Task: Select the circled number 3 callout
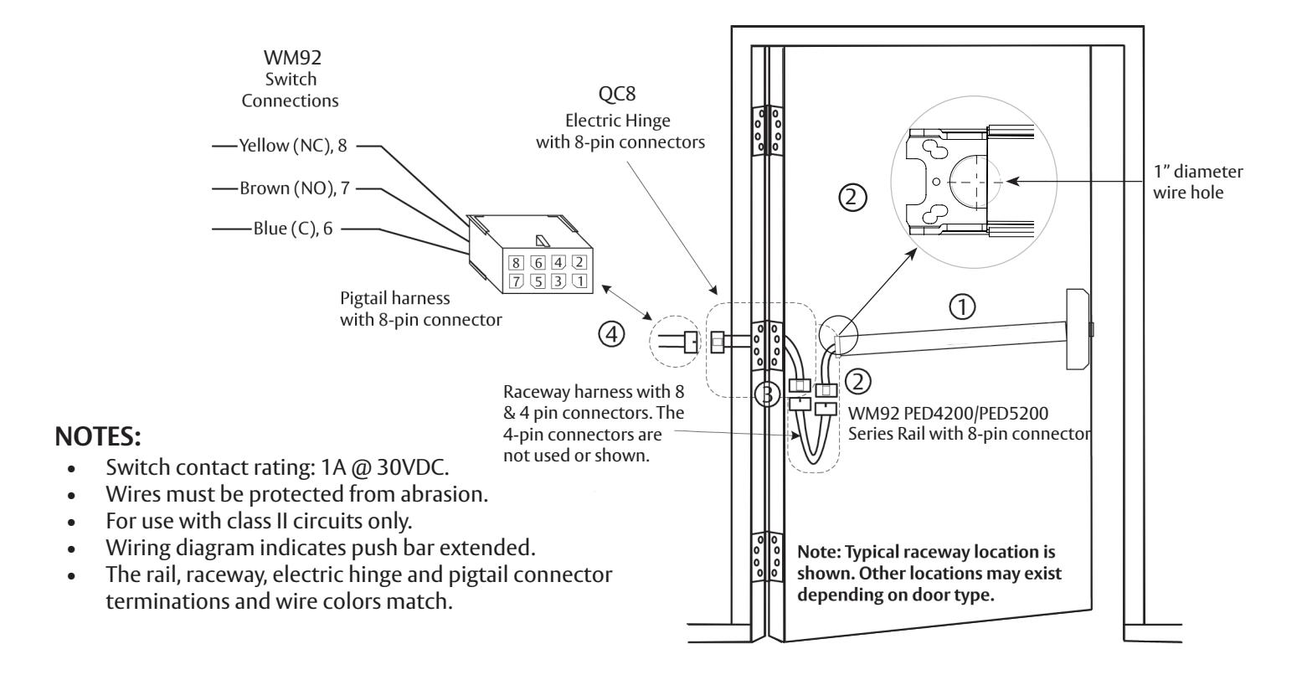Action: coord(765,392)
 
